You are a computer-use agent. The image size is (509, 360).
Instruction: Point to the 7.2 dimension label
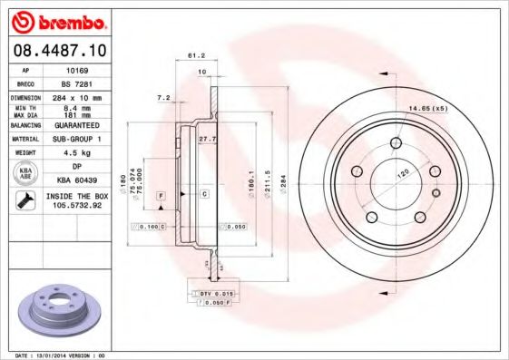click(163, 96)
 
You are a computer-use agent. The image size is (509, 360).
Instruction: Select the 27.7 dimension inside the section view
click(206, 139)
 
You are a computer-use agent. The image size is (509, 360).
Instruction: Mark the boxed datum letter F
click(161, 195)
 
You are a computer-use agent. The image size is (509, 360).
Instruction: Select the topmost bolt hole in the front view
click(396, 142)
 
